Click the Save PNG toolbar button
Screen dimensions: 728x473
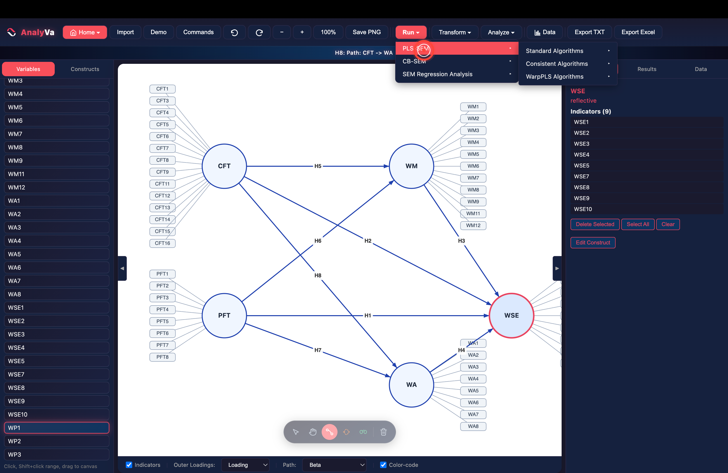click(x=366, y=32)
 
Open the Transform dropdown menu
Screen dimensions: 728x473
click(x=455, y=32)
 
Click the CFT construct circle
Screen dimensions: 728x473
click(x=224, y=166)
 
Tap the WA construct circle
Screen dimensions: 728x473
click(x=411, y=385)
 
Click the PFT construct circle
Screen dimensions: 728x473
click(x=224, y=315)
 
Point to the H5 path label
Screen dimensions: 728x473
click(x=318, y=166)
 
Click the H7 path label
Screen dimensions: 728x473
click(x=318, y=350)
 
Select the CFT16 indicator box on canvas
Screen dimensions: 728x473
click(x=162, y=243)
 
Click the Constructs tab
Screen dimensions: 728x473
click(x=85, y=69)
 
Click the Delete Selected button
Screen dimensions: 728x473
click(x=595, y=224)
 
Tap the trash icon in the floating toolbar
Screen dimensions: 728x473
click(x=384, y=432)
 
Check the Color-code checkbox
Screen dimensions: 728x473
click(x=383, y=465)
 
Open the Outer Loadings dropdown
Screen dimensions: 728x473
click(x=245, y=465)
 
